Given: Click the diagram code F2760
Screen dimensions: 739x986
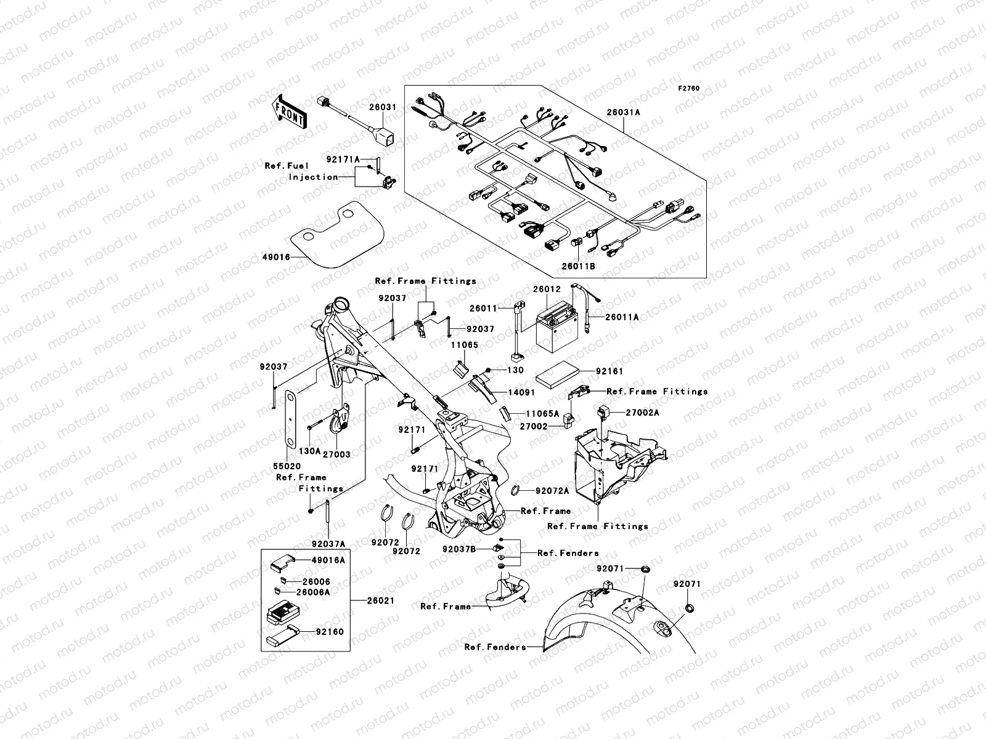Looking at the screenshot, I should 689,89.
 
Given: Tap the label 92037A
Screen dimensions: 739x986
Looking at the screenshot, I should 328,544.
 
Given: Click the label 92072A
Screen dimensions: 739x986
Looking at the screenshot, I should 552,491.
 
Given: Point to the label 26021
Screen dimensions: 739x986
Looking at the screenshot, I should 380,600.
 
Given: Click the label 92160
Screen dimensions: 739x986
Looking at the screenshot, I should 330,632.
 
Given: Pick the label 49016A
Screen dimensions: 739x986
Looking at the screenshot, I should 328,560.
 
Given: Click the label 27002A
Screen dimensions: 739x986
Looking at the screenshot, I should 642,413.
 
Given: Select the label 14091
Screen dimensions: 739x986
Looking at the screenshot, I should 521,392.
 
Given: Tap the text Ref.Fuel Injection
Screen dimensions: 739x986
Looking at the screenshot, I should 301,171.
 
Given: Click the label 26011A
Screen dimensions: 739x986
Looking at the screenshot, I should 622,317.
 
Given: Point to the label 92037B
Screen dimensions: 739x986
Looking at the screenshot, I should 459,548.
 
